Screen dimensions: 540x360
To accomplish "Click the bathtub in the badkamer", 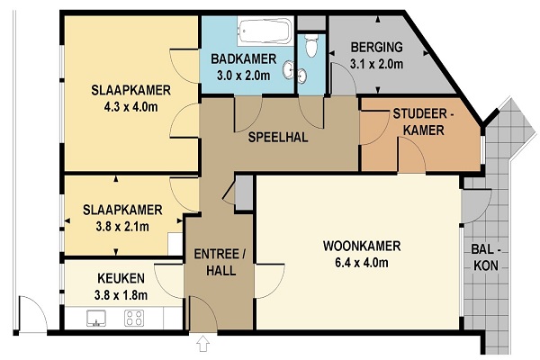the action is [x=265, y=31].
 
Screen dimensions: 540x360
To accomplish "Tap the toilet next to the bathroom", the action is [x=311, y=45].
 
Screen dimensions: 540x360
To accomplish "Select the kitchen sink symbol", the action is [x=96, y=318].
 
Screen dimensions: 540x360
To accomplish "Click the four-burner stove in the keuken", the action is [x=134, y=319].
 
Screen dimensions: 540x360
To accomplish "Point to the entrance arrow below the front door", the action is [x=202, y=344].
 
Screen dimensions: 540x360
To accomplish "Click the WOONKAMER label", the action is [x=362, y=246].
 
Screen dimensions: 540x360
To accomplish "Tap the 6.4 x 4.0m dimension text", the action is [x=362, y=263].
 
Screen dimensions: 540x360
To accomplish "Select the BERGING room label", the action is [x=377, y=47].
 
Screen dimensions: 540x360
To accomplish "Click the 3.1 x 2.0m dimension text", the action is [x=376, y=64].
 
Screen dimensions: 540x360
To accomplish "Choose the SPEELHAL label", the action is [x=278, y=137].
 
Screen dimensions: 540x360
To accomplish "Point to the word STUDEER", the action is [x=419, y=113].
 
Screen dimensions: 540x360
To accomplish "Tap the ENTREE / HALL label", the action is [x=220, y=262].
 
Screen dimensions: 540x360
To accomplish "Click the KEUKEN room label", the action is [x=121, y=278].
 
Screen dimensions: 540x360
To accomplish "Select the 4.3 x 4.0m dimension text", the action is [x=130, y=107].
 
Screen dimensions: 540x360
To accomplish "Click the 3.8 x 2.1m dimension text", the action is [x=122, y=227].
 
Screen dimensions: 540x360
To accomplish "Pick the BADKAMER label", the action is [x=244, y=58].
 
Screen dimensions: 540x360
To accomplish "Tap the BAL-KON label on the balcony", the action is [x=486, y=257].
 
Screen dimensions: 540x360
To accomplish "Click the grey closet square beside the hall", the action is [x=244, y=193].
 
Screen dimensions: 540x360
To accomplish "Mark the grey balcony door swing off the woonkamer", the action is [x=474, y=206].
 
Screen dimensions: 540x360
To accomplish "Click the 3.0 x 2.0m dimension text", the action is [x=244, y=76].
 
